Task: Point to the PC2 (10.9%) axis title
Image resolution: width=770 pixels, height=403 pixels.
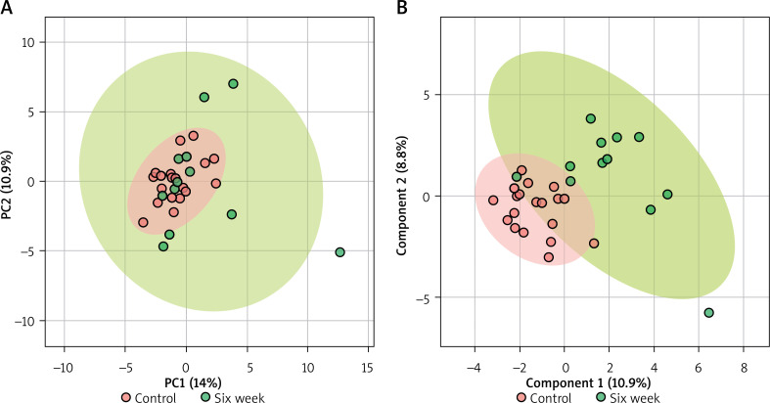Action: pos(11,181)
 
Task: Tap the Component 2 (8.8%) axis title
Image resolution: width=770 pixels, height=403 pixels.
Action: pos(404,196)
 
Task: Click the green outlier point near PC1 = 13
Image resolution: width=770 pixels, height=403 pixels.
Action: pos(340,252)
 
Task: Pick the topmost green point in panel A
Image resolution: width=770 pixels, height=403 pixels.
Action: pos(233,84)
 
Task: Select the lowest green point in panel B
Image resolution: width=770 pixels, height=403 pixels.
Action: pos(708,313)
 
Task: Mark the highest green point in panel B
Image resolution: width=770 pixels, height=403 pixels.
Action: pos(591,118)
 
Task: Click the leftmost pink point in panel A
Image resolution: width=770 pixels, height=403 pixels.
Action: pos(143,222)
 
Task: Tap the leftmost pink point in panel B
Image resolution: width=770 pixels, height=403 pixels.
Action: pos(493,201)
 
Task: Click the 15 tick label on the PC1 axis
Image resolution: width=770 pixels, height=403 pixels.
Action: pos(369,367)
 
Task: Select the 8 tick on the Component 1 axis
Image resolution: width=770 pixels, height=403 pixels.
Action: pos(744,367)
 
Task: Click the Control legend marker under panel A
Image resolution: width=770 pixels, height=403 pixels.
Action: pos(125,395)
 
